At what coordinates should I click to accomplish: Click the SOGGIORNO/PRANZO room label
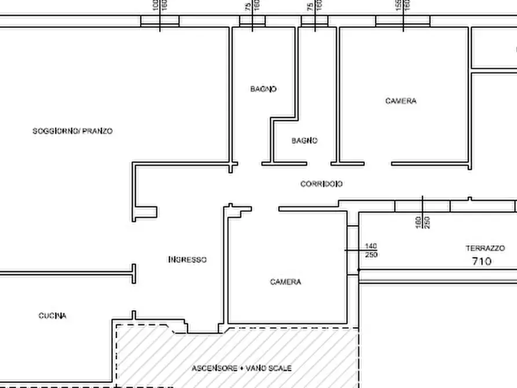[x=72, y=131]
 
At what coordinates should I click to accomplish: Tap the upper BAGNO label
[x=263, y=89]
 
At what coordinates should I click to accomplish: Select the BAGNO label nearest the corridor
[x=305, y=141]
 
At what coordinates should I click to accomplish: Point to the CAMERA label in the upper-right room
[x=401, y=101]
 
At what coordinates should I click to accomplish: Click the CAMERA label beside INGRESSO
[x=285, y=283]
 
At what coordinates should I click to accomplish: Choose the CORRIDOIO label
[x=321, y=184]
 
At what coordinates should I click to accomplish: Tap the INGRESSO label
[x=187, y=260]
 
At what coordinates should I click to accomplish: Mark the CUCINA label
[x=52, y=316]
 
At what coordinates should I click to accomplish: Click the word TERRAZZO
[x=485, y=248]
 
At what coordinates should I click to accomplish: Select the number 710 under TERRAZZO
[x=482, y=261]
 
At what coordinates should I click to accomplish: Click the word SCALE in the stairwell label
[x=281, y=368]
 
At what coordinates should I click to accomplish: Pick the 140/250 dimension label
[x=371, y=251]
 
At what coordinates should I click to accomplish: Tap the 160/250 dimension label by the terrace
[x=423, y=222]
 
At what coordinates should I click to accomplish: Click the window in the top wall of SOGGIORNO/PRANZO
[x=160, y=21]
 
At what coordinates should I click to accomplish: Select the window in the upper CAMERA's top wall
[x=403, y=21]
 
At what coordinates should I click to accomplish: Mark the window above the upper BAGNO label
[x=252, y=21]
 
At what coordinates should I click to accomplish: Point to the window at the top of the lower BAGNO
[x=314, y=21]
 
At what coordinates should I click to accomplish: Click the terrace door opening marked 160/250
[x=422, y=206]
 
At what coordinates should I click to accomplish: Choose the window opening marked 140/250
[x=353, y=250]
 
